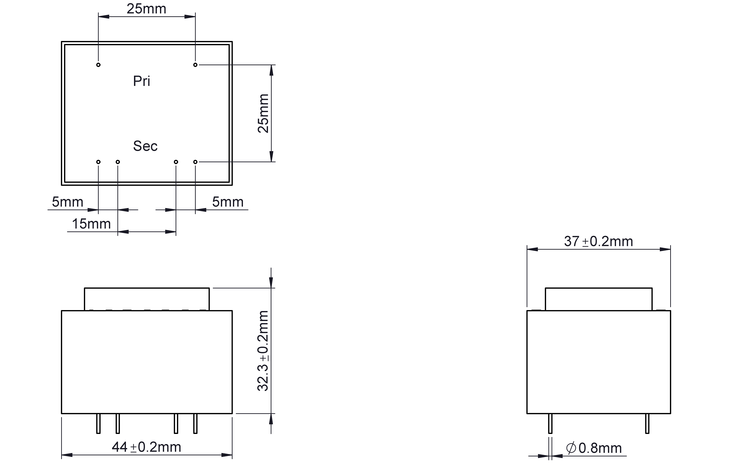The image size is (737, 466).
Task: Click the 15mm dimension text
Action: tap(91, 224)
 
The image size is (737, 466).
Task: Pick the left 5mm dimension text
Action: tap(68, 202)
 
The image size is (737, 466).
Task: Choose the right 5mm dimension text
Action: tap(228, 202)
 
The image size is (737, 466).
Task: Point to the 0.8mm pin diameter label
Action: tap(600, 448)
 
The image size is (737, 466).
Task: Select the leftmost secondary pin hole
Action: tap(98, 162)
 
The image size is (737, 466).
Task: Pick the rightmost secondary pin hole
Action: tap(195, 162)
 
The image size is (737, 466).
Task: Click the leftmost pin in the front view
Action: tap(98, 423)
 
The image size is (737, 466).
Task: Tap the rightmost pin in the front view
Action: tap(195, 423)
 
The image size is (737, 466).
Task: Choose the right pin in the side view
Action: tap(647, 423)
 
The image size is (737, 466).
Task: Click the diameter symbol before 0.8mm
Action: tap(571, 448)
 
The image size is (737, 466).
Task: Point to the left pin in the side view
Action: tap(550, 423)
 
